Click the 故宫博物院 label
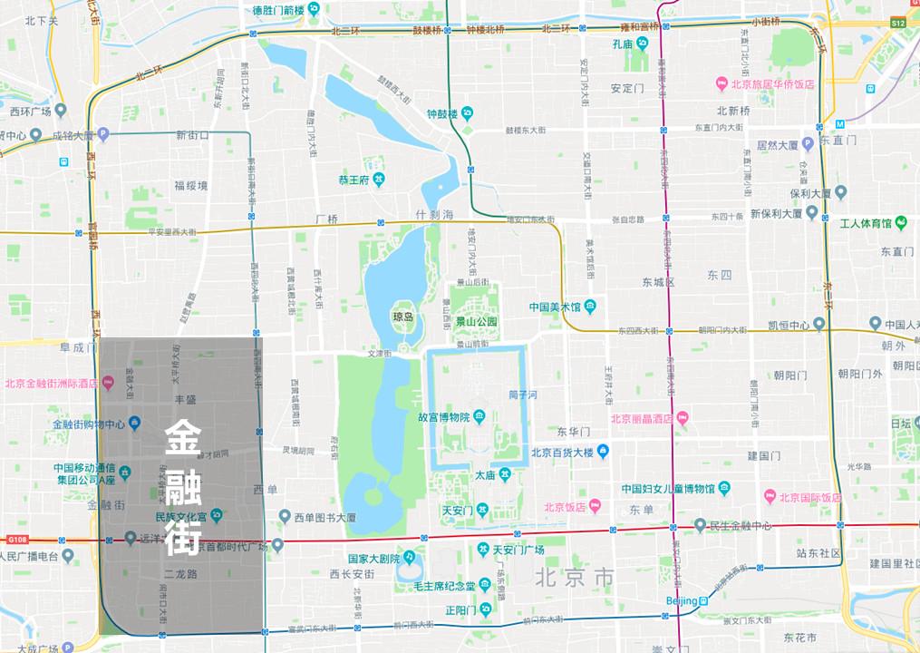(443, 417)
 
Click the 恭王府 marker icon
(378, 180)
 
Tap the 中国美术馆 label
(555, 306)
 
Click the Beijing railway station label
(682, 601)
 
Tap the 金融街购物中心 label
(89, 424)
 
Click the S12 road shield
(897, 23)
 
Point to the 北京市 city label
(575, 577)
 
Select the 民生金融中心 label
(741, 526)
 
